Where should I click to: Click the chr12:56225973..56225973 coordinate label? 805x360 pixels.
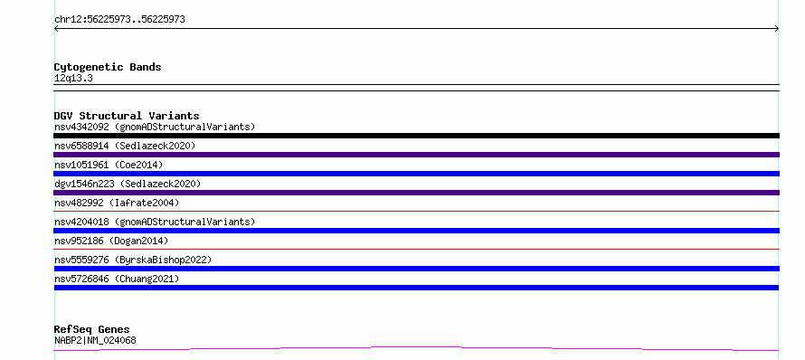[119, 20]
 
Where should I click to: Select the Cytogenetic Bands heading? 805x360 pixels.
[108, 67]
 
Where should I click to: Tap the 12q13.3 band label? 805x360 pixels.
[73, 79]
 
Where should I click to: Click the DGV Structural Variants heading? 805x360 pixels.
[127, 116]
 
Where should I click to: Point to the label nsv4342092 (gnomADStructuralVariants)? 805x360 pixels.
[155, 127]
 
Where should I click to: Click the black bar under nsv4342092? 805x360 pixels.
[416, 136]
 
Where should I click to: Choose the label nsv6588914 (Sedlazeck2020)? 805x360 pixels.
[125, 146]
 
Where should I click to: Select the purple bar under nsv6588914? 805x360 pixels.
[416, 155]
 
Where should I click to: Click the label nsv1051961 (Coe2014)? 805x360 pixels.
[109, 165]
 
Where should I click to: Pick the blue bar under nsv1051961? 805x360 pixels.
[416, 174]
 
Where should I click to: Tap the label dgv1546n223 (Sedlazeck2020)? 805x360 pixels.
[128, 184]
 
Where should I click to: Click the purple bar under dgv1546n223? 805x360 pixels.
[416, 193]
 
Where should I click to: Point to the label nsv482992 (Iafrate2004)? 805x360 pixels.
[117, 203]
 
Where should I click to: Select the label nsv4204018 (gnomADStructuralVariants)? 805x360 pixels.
[155, 222]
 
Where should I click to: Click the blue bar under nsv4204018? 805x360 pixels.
[416, 231]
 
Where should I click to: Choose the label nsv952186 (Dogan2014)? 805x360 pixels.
[111, 241]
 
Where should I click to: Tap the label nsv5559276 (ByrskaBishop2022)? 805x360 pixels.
[133, 260]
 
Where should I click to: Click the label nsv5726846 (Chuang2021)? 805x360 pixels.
[117, 279]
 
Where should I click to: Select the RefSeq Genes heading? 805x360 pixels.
[92, 329]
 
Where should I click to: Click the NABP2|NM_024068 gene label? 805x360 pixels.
[95, 340]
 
